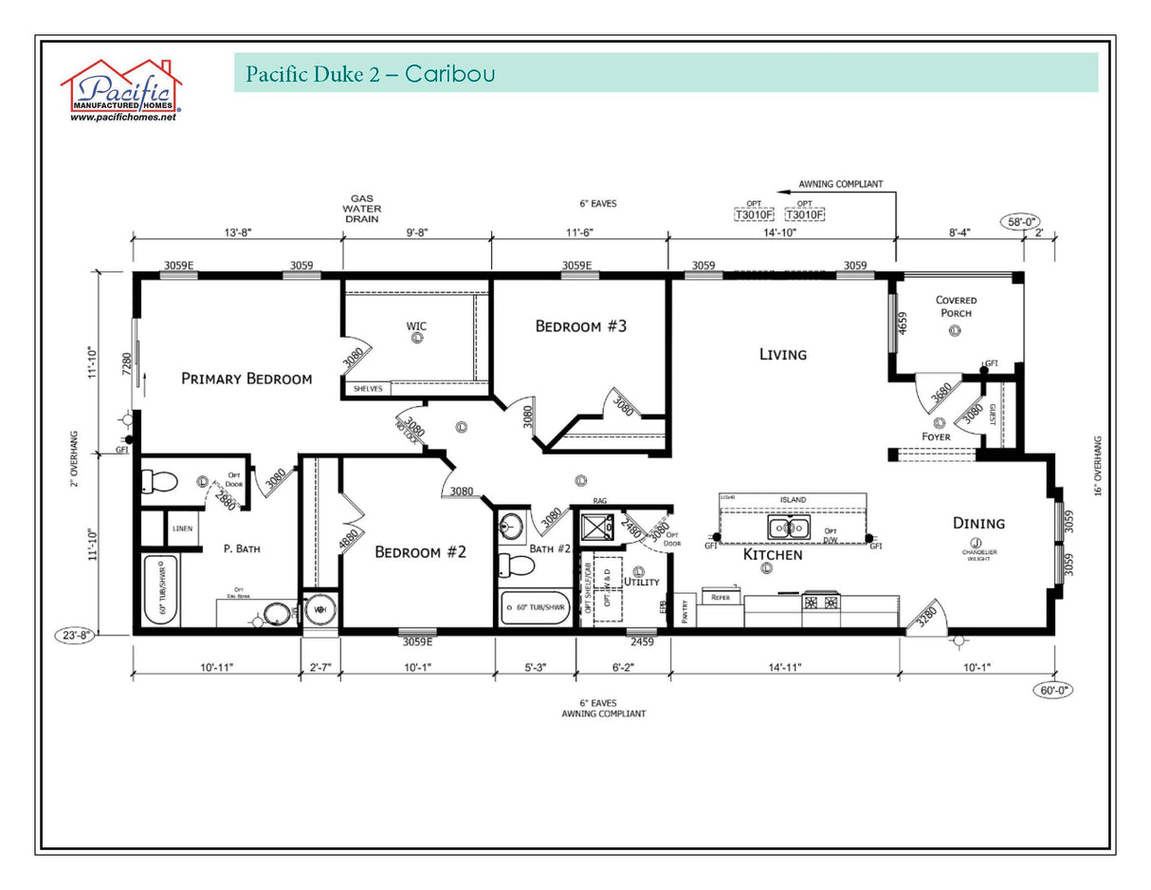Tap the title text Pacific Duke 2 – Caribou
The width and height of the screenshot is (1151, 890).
(x=370, y=74)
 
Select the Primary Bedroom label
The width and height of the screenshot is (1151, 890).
(x=246, y=379)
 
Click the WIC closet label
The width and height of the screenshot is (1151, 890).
(x=416, y=326)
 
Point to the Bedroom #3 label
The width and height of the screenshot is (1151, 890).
(x=581, y=326)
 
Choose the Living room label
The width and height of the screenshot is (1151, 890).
(x=782, y=354)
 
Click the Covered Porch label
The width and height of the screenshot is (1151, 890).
(x=956, y=306)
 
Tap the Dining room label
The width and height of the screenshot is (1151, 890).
(x=978, y=523)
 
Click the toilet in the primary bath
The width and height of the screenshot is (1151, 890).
(x=159, y=483)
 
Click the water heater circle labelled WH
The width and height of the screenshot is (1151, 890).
(x=320, y=610)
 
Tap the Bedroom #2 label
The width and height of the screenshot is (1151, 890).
(x=420, y=551)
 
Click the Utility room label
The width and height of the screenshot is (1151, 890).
(x=641, y=582)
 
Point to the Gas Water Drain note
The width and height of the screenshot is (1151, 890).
(x=363, y=208)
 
